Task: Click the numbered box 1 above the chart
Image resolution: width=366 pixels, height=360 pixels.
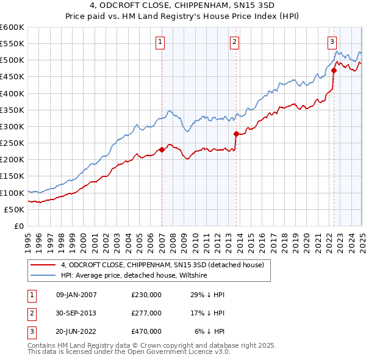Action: [160, 42]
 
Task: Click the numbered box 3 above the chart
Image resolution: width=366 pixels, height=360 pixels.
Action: [332, 42]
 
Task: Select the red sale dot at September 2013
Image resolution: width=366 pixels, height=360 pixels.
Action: [236, 134]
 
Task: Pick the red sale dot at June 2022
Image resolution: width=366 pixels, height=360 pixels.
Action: [334, 70]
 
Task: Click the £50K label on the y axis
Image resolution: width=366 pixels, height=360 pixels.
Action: [15, 209]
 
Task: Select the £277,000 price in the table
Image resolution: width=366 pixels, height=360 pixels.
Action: [146, 313]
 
